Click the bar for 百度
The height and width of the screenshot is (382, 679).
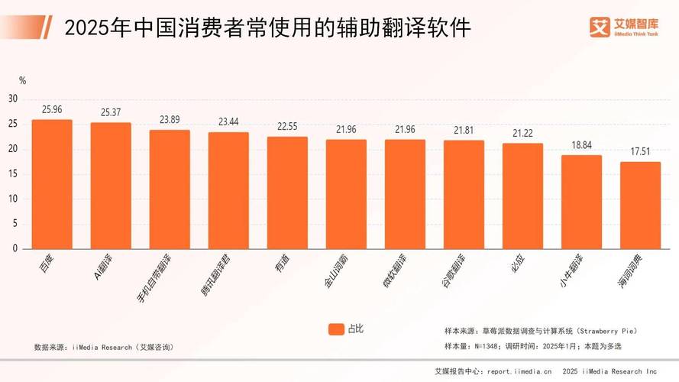pos(52,184)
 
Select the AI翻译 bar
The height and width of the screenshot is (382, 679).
pos(111,186)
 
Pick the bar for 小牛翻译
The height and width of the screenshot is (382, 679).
pos(581,202)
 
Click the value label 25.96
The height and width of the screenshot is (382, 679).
pos(52,110)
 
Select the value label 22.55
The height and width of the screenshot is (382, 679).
pos(287,128)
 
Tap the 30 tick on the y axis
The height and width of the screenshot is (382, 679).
pos(13,99)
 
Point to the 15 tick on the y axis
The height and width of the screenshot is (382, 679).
pos(13,173)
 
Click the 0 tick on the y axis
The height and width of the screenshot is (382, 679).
pos(15,248)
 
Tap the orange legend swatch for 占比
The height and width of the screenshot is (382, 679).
pos(335,329)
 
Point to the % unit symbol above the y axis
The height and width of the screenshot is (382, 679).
pos(22,80)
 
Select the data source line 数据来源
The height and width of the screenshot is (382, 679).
pos(103,347)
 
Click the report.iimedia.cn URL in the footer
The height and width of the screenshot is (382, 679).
pos(519,372)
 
